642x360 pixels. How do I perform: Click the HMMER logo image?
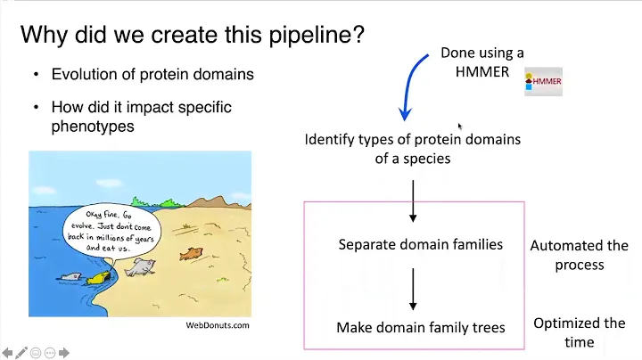point(543,81)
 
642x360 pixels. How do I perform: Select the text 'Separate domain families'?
point(421,244)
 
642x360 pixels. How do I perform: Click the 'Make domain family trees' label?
point(421,328)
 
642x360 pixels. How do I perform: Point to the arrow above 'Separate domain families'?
point(413,201)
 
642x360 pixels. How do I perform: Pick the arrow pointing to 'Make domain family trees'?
point(413,287)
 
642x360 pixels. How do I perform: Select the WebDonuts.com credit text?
point(218,325)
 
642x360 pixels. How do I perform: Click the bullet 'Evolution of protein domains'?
point(152,75)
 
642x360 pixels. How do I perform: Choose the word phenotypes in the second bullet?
point(93,127)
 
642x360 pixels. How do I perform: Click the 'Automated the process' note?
point(580,255)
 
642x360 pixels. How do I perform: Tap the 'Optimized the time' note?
point(580,332)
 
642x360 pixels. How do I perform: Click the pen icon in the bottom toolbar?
point(21,352)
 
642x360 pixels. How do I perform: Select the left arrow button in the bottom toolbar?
point(7,352)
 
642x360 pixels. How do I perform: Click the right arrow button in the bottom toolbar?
point(65,352)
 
